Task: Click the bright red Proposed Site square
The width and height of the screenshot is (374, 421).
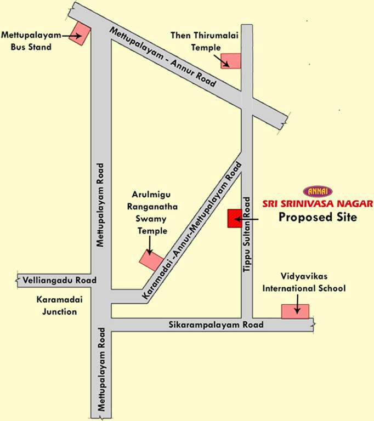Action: tap(235, 218)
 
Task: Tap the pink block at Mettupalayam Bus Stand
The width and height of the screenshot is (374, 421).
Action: tap(80, 32)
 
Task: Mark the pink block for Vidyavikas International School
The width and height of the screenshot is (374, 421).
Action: tap(295, 311)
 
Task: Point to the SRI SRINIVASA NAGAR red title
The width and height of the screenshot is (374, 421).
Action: tap(325, 204)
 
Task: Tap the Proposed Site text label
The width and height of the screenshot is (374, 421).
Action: tap(318, 217)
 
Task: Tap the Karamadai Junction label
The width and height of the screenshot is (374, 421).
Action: tap(56, 306)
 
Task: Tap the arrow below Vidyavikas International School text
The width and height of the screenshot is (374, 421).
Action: tap(297, 304)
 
